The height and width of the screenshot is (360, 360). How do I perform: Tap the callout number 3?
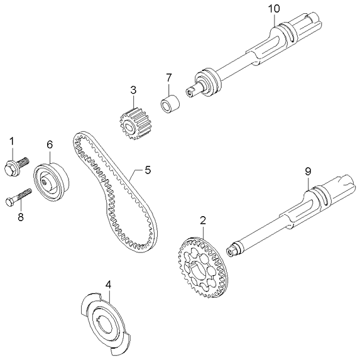[133, 90]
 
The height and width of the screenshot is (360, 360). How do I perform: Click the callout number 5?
[148, 170]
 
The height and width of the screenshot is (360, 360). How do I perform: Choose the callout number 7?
[168, 77]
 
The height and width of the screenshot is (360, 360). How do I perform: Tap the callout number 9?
[308, 170]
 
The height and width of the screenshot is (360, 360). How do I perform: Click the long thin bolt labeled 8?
[19, 198]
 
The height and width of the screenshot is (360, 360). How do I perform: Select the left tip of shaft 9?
[231, 250]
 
